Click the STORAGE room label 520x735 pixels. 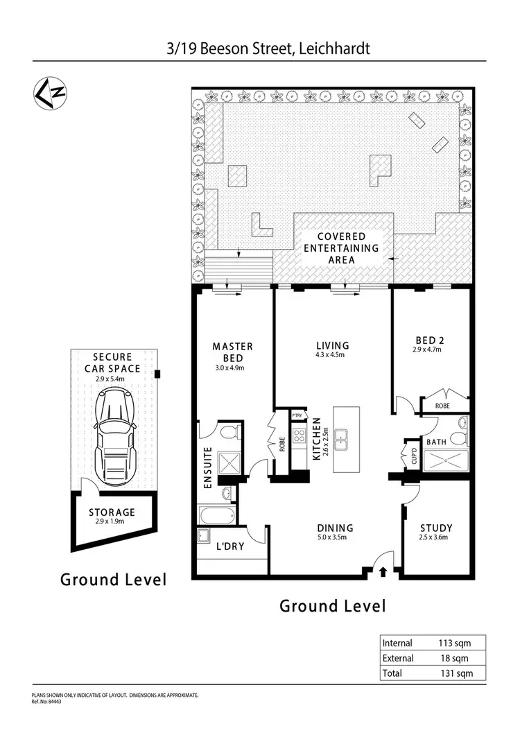(x=111, y=513)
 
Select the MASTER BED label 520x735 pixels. (x=232, y=351)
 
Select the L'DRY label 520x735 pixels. (x=230, y=546)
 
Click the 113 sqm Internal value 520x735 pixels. (x=454, y=643)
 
